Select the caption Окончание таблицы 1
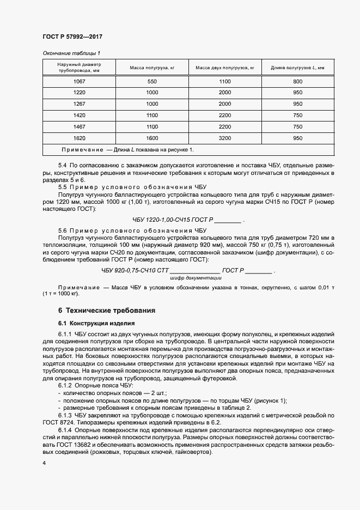[x=71, y=53]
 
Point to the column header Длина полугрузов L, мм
[x=297, y=68]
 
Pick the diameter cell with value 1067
[x=80, y=81]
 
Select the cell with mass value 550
[x=151, y=81]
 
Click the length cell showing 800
[x=297, y=81]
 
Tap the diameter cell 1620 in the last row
[x=80, y=138]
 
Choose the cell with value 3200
[x=225, y=138]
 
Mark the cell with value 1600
[x=151, y=138]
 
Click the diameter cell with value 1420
[x=80, y=116]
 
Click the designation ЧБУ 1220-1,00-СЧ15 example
[x=173, y=221]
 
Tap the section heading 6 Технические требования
[x=107, y=310]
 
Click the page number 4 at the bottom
[x=44, y=463]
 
